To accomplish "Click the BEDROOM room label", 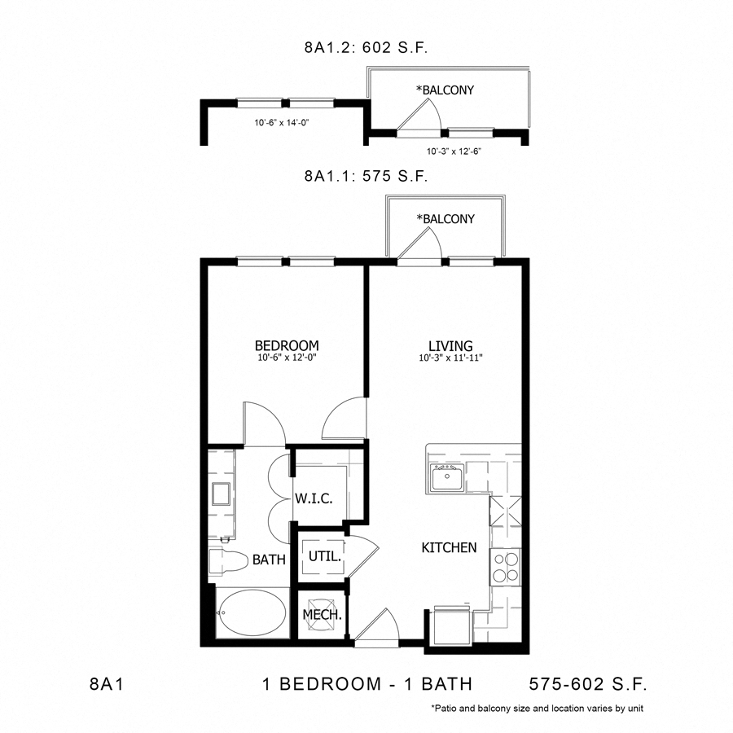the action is [x=286, y=345].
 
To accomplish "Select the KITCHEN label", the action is [x=449, y=547].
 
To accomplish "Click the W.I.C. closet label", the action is [x=314, y=498].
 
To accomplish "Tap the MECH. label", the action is [x=321, y=615].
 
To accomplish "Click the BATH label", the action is [x=268, y=560].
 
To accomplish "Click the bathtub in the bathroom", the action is [x=251, y=612].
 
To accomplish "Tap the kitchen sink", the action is [x=447, y=479].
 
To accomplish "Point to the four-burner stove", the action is [x=504, y=566].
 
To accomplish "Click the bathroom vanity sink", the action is [x=221, y=494].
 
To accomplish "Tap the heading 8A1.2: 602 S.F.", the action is [x=366, y=49].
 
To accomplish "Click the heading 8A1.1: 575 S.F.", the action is [x=366, y=175].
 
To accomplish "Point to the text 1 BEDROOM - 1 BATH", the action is [x=367, y=683].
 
